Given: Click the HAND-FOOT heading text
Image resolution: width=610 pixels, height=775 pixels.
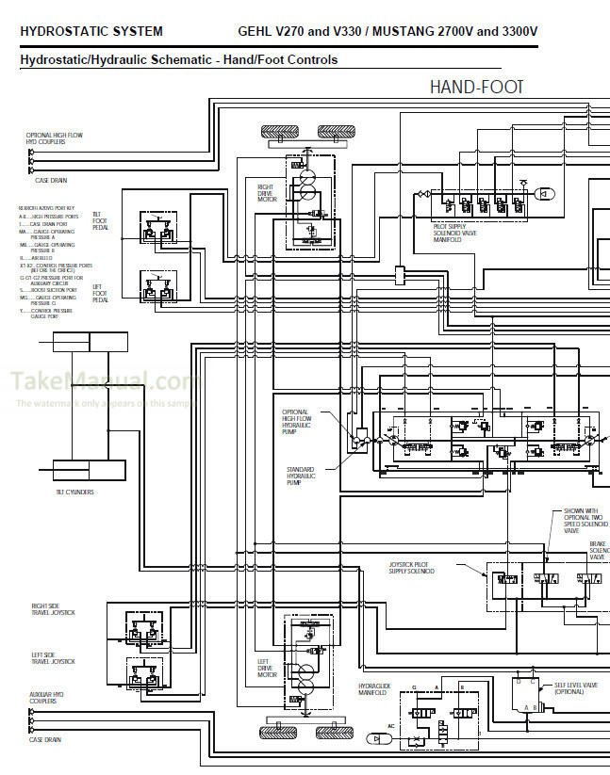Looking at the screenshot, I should (x=476, y=88).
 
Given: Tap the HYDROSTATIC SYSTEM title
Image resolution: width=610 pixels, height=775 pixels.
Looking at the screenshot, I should (x=91, y=31).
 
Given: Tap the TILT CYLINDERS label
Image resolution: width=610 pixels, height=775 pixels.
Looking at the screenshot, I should (x=74, y=492).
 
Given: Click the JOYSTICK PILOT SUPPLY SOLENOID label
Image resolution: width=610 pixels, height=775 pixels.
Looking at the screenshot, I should (x=412, y=568).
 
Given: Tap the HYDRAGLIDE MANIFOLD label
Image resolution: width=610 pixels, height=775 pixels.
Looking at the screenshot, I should (x=373, y=689).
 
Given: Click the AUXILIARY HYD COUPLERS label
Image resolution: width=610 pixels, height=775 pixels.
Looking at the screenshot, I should (x=46, y=699).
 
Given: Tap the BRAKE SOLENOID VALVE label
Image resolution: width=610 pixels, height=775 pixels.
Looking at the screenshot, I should (x=597, y=551).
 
